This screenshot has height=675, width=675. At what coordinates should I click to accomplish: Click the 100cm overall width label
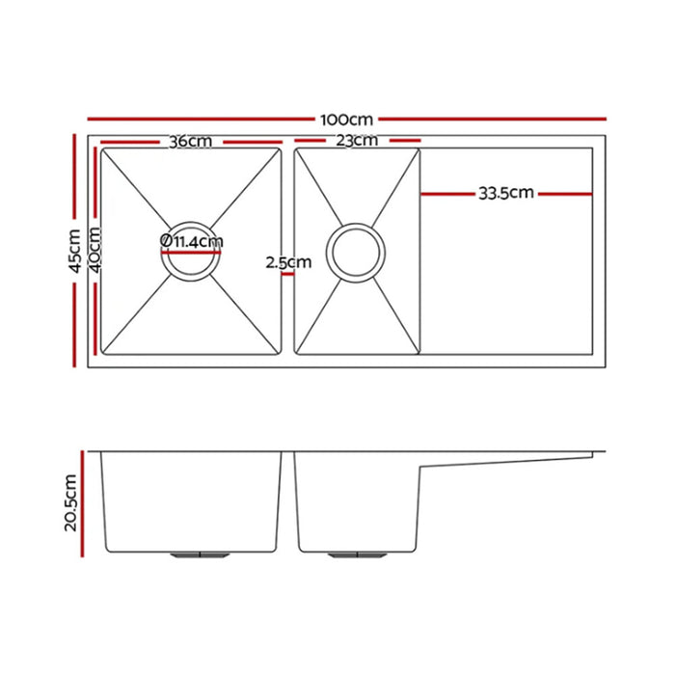346,120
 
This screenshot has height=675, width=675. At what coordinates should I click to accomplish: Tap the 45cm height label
75,251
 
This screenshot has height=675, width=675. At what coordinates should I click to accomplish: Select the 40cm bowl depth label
95,250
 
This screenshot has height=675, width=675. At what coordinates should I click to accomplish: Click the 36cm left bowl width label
190,142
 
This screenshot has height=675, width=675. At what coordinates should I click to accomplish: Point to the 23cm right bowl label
357,141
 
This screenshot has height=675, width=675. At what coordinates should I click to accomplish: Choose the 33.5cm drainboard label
506,193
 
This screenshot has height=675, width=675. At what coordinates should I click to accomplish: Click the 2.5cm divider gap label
288,262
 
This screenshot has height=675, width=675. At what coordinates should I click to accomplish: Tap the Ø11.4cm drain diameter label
192,241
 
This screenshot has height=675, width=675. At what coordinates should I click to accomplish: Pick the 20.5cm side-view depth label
70,502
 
